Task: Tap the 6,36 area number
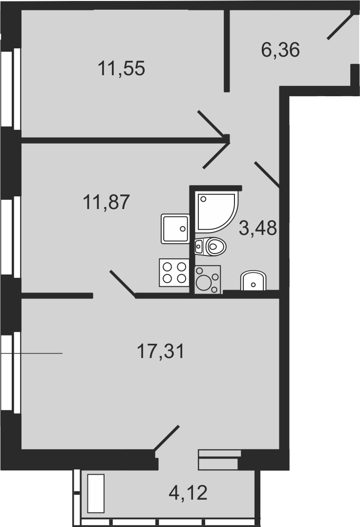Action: [x=280, y=50]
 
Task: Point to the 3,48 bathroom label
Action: [x=258, y=228]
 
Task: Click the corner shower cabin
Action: [x=215, y=212]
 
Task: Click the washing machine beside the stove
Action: [x=208, y=280]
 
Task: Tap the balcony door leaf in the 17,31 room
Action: [x=167, y=437]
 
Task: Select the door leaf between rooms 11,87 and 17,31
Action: [x=123, y=283]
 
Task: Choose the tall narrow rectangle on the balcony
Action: [x=96, y=493]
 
